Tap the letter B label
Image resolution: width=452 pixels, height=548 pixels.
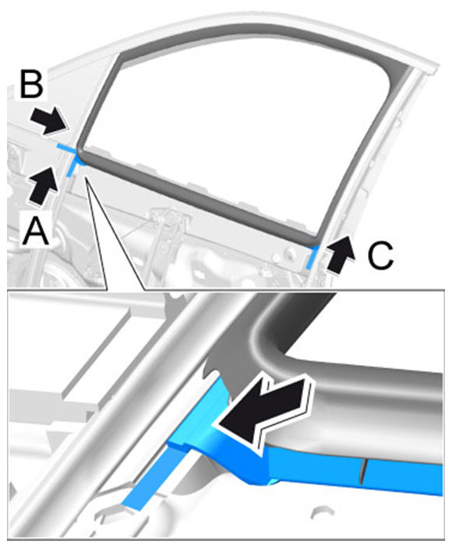click(x=32, y=84)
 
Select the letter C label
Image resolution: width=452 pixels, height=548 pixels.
click(x=380, y=255)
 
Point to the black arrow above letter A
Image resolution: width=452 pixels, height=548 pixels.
click(x=43, y=185)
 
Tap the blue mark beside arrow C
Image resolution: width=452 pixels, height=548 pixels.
click(x=312, y=257)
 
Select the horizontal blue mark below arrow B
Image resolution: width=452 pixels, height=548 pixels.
click(x=66, y=148)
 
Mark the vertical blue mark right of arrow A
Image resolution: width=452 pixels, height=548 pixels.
click(x=72, y=164)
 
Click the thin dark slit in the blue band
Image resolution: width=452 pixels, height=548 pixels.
click(x=363, y=472)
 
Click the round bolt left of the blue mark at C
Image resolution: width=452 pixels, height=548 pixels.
click(x=291, y=253)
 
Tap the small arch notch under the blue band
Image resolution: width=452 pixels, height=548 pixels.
click(x=320, y=514)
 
